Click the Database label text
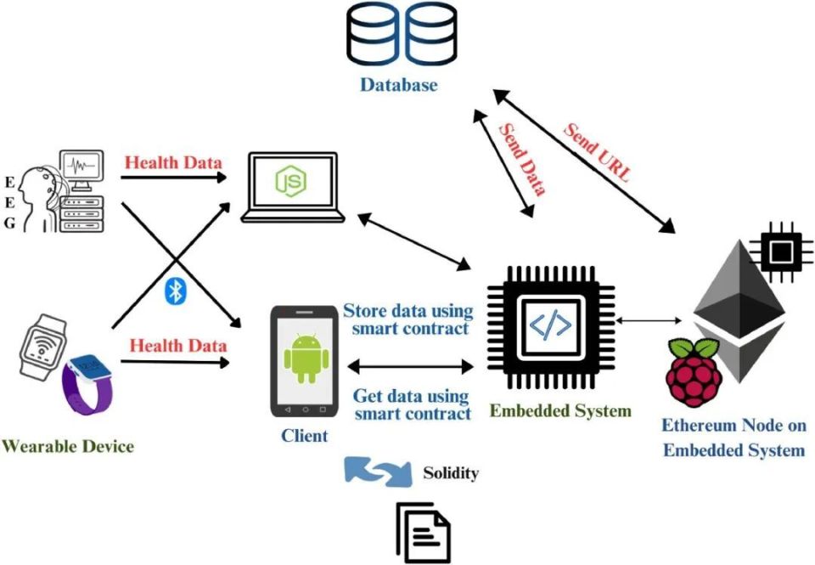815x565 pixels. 399,85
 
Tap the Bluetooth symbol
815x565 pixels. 175,291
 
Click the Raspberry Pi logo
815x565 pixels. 694,371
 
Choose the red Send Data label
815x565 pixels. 521,159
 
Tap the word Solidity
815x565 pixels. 450,473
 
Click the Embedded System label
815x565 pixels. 560,411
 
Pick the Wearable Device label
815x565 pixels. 69,445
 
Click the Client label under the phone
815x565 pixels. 304,436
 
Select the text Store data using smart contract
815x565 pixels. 407,319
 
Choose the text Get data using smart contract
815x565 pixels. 411,404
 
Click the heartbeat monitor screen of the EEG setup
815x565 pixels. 82,168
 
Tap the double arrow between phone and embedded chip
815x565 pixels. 410,367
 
